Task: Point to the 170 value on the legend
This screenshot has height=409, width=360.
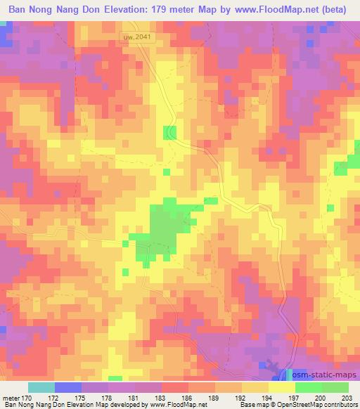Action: tap(27, 398)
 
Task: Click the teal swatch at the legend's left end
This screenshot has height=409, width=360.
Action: tap(41, 387)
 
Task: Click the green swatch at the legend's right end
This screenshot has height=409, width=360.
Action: tap(335, 387)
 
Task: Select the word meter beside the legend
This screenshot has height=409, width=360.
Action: tap(11, 398)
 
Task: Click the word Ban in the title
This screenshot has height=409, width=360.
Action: tap(19, 10)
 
